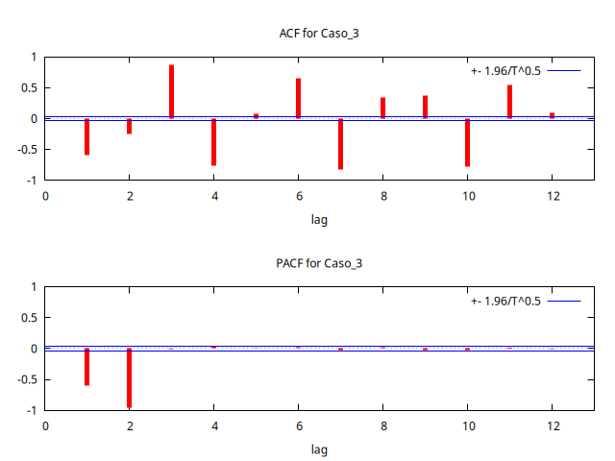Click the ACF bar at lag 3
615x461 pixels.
[171, 92]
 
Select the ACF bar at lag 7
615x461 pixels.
[340, 144]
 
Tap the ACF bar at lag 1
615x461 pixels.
[86, 136]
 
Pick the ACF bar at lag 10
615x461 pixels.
[467, 142]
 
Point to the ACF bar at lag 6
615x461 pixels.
[298, 99]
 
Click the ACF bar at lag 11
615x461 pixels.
[509, 102]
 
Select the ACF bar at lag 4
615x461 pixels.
[213, 142]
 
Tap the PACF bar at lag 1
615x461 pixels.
[86, 367]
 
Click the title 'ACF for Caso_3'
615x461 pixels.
[319, 34]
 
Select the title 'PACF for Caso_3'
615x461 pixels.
[319, 263]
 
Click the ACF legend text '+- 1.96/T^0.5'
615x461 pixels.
[506, 71]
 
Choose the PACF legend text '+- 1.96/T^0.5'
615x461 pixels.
[506, 301]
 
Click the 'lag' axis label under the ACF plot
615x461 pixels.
[319, 220]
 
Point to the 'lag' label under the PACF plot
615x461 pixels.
[319, 449]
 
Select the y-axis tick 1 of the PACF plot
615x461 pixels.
[34, 287]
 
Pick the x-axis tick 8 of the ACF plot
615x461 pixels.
[382, 197]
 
